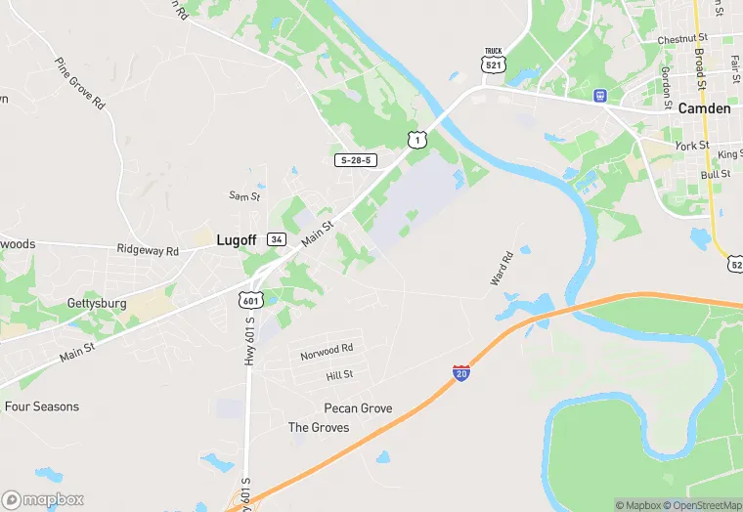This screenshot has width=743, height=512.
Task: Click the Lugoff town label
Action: pos(237,238)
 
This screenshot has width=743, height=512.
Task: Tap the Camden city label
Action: pos(704,108)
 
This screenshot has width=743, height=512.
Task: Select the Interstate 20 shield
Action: pos(461,372)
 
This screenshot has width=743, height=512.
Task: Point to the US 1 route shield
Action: pos(417,140)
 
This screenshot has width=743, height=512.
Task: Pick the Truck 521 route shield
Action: pos(493,60)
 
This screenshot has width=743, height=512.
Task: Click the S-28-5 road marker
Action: pos(357,159)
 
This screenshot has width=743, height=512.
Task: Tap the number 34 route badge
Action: pos(277,239)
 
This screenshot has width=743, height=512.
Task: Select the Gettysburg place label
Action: pos(97,304)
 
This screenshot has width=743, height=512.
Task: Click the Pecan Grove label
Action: pos(358,408)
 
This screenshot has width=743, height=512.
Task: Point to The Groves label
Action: pos(318,428)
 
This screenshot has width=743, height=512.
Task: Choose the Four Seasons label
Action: pos(42,406)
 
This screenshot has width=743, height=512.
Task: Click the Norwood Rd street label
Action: pos(327,348)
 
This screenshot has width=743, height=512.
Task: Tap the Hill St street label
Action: pos(339,375)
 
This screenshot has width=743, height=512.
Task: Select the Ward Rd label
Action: pos(501,270)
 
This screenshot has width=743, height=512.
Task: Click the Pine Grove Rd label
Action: pos(80,83)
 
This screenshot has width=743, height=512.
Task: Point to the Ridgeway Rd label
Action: pos(148,251)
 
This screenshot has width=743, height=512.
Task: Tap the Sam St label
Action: pos(244,196)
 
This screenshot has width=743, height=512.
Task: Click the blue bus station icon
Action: pos(599,96)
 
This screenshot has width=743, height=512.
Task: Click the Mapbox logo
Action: pos(43,499)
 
